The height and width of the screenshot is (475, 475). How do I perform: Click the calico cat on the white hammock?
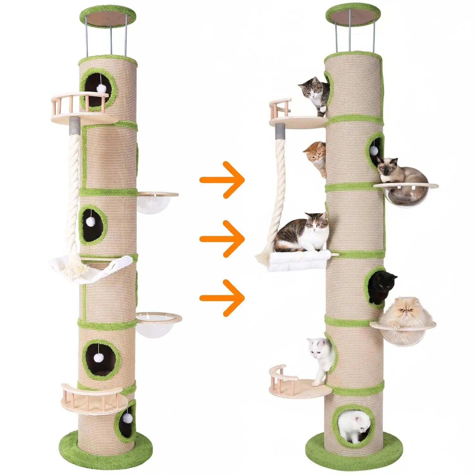302,233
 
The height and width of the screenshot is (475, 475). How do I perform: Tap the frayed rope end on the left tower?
76,271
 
